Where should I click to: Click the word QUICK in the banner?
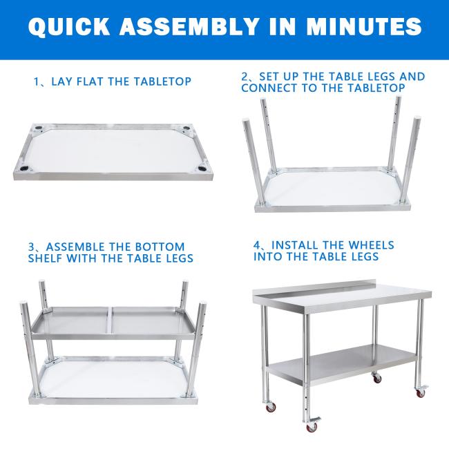coord(68,26)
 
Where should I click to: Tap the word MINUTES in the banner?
coord(363,26)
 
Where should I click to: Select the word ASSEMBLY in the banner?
coord(189,26)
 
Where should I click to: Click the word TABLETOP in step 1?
coord(162,82)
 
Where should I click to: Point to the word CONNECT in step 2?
coord(269,88)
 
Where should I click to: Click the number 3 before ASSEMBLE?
coord(31,247)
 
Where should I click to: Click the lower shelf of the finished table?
coord(341,365)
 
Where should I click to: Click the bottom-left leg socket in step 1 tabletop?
coord(23,169)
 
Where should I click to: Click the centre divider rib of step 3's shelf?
coord(111,321)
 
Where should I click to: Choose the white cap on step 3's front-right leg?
coord(202,303)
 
